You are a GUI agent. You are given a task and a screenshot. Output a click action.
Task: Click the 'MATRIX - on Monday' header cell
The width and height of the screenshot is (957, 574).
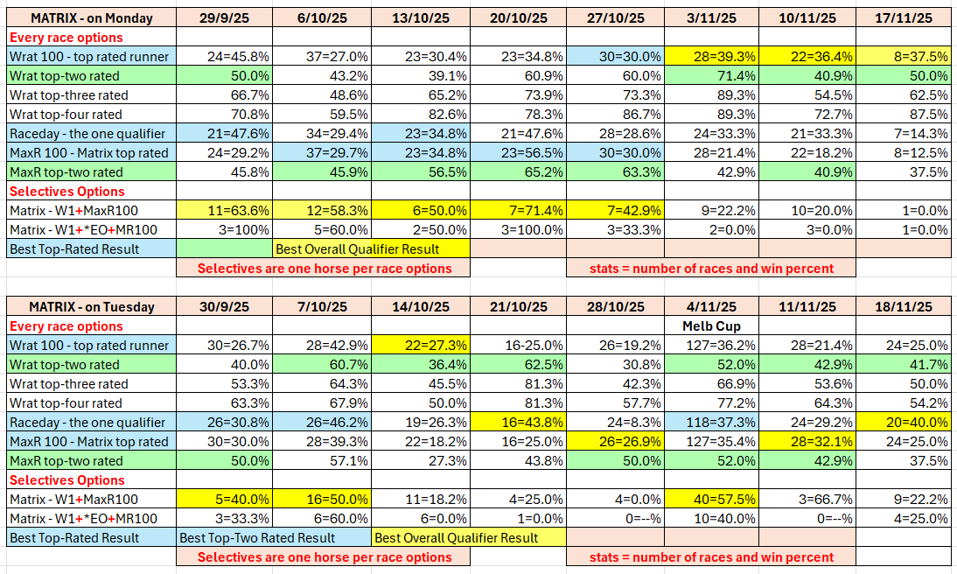pos(91,18)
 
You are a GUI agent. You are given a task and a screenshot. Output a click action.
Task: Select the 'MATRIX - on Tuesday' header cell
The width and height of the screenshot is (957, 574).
pos(91,307)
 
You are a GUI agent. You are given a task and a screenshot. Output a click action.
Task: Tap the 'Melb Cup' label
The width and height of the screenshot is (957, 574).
pos(711,325)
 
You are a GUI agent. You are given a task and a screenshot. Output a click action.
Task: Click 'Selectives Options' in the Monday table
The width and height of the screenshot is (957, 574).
pos(66,192)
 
